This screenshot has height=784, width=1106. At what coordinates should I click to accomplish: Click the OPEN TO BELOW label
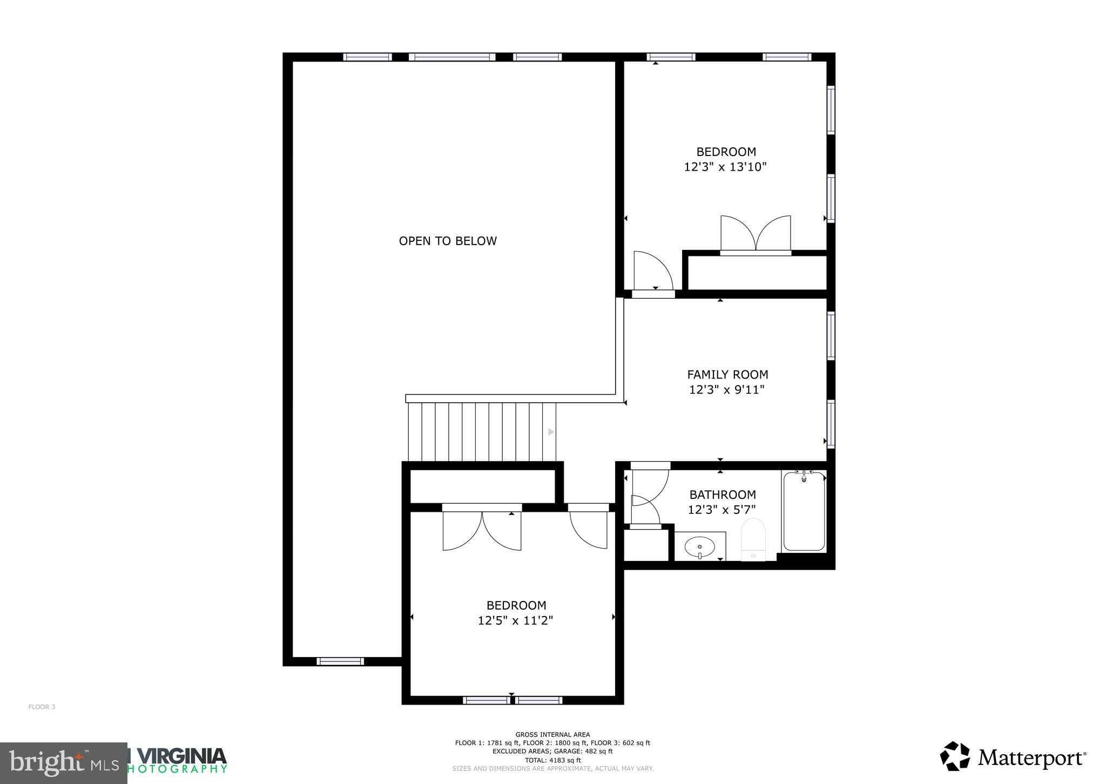pos(448,241)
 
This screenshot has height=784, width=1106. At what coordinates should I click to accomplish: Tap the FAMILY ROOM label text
pos(727,374)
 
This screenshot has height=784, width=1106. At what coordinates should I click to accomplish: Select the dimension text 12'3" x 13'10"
pos(725,167)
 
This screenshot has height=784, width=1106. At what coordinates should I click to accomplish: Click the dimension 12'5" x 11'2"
pos(515,620)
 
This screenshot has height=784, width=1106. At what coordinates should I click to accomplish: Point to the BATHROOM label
pos(722,495)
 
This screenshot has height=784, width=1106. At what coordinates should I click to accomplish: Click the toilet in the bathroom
pos(753,539)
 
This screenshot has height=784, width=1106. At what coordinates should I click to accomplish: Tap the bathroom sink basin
pos(699,547)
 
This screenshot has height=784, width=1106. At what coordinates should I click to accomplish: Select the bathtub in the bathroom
pos(804,511)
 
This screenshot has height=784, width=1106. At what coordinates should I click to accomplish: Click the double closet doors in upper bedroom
pos(756,234)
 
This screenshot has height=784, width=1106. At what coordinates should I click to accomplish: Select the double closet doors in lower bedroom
pos(482,530)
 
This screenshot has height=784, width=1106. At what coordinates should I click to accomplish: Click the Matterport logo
pos(1013,759)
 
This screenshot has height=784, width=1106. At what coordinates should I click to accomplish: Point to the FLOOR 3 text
pos(42,707)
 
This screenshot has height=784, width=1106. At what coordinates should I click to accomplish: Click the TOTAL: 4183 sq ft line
pos(552,760)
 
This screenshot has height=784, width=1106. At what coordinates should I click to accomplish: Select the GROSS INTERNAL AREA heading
pos(552,734)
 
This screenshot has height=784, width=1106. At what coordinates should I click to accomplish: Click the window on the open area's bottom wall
pos(340,661)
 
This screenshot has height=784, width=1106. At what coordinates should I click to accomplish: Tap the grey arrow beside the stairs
pos(551,432)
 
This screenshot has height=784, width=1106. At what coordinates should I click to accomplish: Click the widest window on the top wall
pos(452,57)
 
